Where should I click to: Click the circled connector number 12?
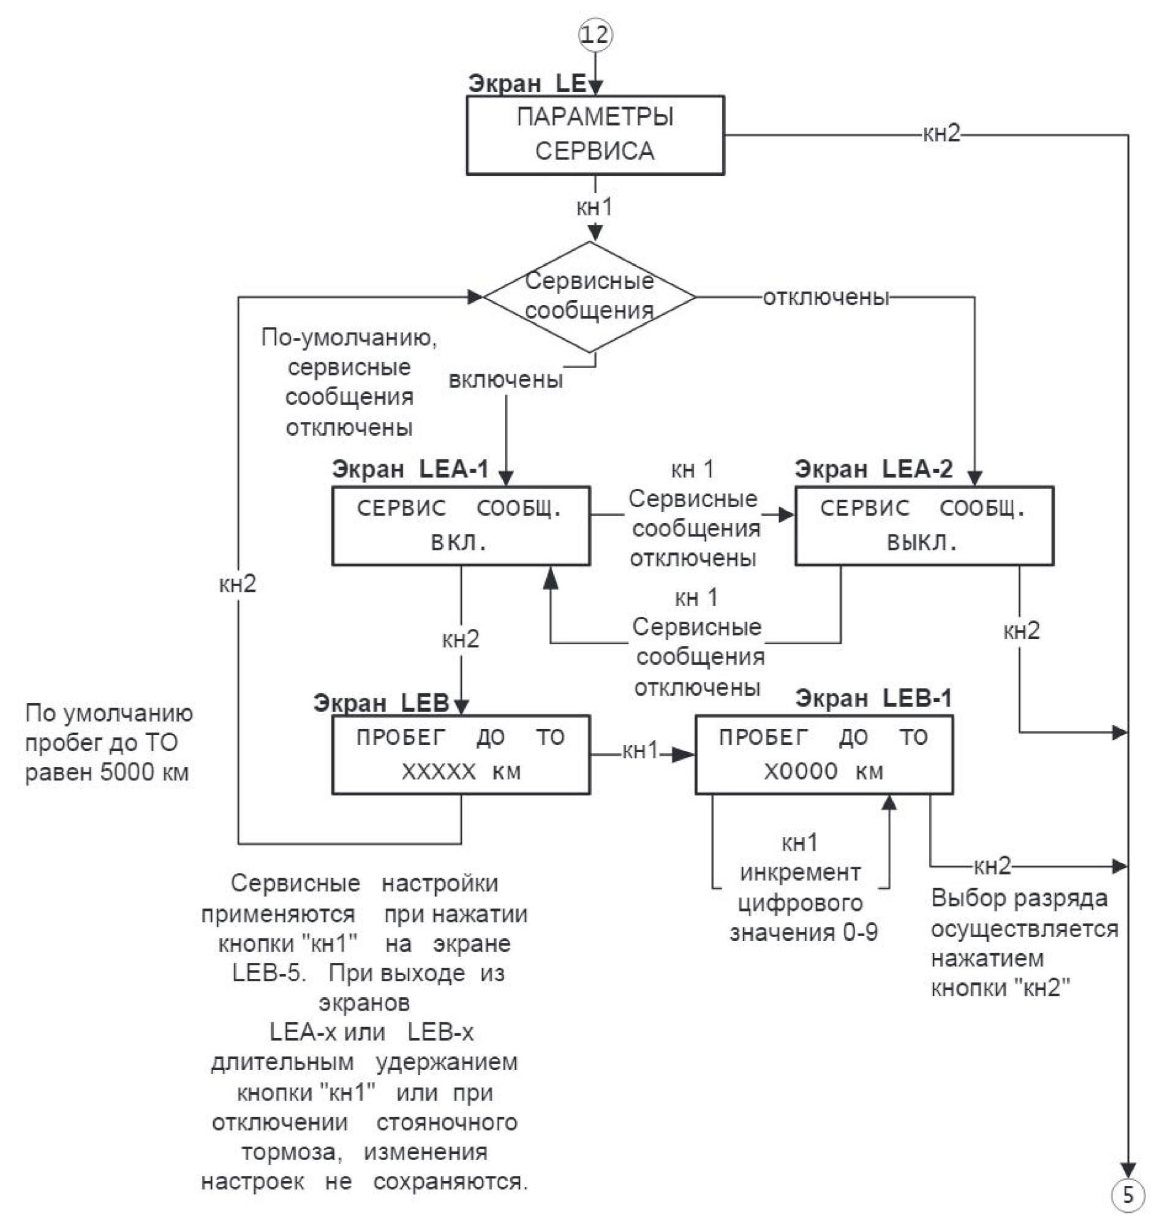595,34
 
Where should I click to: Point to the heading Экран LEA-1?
410,469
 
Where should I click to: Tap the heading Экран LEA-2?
874,469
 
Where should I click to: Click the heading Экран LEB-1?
874,698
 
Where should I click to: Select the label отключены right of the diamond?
826,297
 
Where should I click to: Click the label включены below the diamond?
506,379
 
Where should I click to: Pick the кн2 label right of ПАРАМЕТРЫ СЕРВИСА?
942,134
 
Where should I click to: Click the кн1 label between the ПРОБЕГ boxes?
641,751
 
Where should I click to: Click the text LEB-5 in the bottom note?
269,973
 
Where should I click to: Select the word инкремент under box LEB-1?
801,873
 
